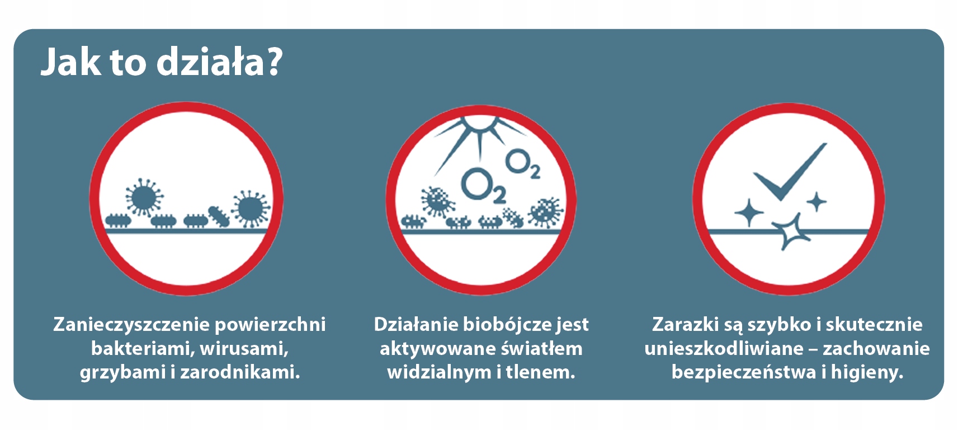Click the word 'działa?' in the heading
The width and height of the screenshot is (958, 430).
coord(219,63)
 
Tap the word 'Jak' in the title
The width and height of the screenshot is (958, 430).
coord(70,63)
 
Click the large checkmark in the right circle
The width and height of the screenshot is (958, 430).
coord(790,172)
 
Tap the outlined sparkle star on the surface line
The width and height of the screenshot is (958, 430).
coord(791,232)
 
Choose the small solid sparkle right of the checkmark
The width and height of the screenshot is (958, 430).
coord(817,202)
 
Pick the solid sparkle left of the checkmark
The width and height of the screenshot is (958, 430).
coord(749,212)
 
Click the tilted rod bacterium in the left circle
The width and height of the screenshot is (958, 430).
coord(219,217)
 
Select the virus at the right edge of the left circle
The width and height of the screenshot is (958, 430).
coord(251,209)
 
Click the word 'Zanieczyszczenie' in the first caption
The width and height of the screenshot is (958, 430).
coord(131,324)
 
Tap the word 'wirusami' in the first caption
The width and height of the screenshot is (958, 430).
coord(244,349)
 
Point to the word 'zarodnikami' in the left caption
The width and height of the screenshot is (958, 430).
coord(240,372)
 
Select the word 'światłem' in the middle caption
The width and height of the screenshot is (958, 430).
coord(541,348)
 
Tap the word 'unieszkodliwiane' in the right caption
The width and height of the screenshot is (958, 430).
coord(724,349)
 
